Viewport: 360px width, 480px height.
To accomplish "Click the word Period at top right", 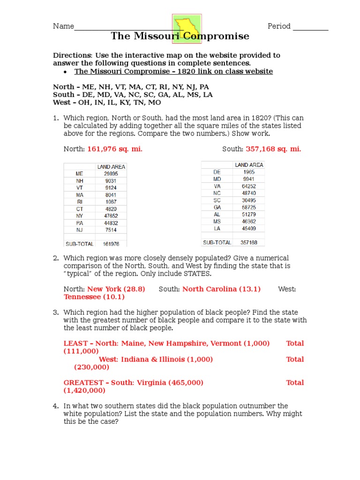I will click(279, 26).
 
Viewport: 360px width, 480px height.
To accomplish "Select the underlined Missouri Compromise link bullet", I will click(173, 71).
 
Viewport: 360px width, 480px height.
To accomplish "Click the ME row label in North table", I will click(79, 173).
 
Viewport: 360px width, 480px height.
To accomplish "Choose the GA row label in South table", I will click(217, 207).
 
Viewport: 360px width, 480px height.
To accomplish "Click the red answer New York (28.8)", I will click(116, 289).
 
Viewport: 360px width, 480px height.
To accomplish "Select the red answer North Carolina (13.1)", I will click(221, 289).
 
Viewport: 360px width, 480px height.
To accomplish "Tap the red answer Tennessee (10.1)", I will click(94, 297).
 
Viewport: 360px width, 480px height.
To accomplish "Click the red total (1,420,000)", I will click(84, 390).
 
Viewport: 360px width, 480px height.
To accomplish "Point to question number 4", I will click(55, 406).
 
